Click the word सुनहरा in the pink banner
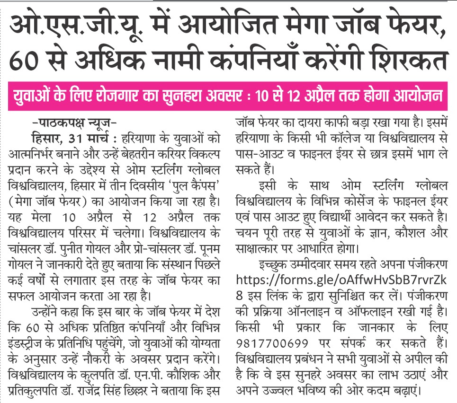(190, 96)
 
